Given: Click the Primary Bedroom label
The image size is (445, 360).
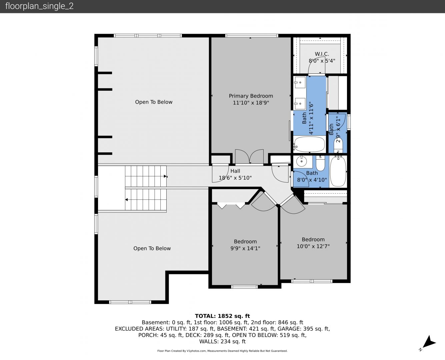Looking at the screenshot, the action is tap(251, 96).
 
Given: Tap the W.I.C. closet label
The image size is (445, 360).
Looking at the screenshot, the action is tap(322, 54).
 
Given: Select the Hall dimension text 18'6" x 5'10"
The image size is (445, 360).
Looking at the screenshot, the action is tap(235, 178).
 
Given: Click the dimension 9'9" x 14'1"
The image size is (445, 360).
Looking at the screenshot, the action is tap(245, 248).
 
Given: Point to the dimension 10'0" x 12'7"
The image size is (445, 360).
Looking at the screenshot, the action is tap(313, 246).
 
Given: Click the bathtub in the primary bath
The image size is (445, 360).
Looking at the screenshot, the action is tap(309, 144).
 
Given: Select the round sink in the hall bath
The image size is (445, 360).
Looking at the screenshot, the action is tap(301, 162).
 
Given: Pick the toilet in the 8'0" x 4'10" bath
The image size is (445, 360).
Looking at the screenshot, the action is tap(320, 163).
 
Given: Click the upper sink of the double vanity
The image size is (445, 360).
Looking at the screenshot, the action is tap(300, 82).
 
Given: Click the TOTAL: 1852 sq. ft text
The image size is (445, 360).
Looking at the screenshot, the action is tap(222, 316).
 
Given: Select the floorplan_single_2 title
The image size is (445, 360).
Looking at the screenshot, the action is tap(39, 6).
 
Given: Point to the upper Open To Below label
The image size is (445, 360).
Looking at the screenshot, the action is tap(154, 102).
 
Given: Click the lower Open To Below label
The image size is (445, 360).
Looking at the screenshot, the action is tap(152, 248).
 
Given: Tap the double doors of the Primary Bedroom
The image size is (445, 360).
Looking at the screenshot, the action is tap(249, 156).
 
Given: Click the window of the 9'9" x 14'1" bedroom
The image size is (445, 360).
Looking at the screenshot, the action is tap(244, 287).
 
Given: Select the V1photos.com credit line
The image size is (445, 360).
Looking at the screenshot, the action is tap(222, 351).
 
